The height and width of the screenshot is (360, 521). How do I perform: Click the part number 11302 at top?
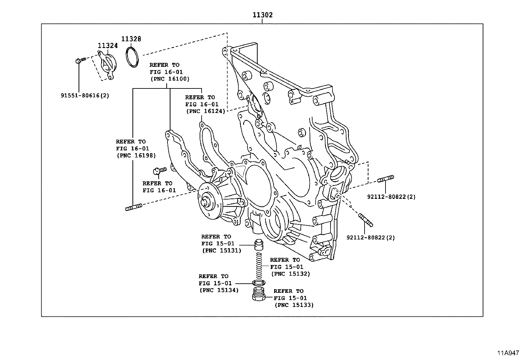(x=262, y=15)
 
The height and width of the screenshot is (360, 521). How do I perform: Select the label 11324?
(x=108, y=46)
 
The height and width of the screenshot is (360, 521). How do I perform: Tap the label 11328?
(x=131, y=39)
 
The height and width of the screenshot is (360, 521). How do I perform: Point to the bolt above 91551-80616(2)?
(x=80, y=60)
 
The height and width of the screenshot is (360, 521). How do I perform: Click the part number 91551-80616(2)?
(x=85, y=96)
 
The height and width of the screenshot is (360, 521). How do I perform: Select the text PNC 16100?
(x=170, y=79)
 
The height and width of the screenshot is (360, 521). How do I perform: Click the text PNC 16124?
(x=206, y=111)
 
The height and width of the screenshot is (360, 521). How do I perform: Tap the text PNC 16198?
(x=136, y=156)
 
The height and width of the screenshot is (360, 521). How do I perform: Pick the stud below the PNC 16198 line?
(x=133, y=207)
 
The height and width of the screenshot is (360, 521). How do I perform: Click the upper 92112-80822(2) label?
(x=391, y=197)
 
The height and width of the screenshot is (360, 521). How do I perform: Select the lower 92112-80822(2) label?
(x=370, y=237)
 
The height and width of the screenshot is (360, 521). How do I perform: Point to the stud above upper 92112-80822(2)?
(x=386, y=179)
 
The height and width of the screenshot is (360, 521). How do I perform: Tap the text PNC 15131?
(x=222, y=251)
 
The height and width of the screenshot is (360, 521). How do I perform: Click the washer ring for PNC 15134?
(x=259, y=283)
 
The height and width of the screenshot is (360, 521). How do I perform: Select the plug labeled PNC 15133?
(x=259, y=294)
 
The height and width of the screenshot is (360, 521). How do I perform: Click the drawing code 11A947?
(x=508, y=353)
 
